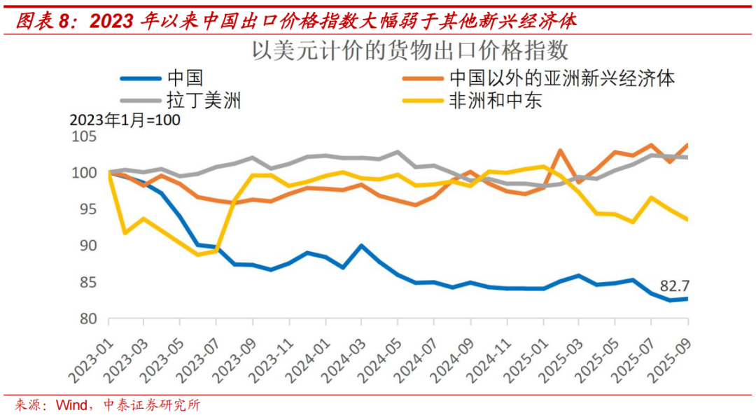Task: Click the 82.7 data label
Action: click(x=674, y=286)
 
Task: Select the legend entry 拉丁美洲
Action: click(x=204, y=101)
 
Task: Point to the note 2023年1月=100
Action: click(x=125, y=120)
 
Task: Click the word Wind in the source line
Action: click(x=73, y=405)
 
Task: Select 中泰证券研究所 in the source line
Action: click(x=151, y=405)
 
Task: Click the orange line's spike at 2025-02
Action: click(x=561, y=150)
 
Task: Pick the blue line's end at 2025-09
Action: click(x=687, y=299)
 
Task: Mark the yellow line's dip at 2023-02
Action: click(x=125, y=232)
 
